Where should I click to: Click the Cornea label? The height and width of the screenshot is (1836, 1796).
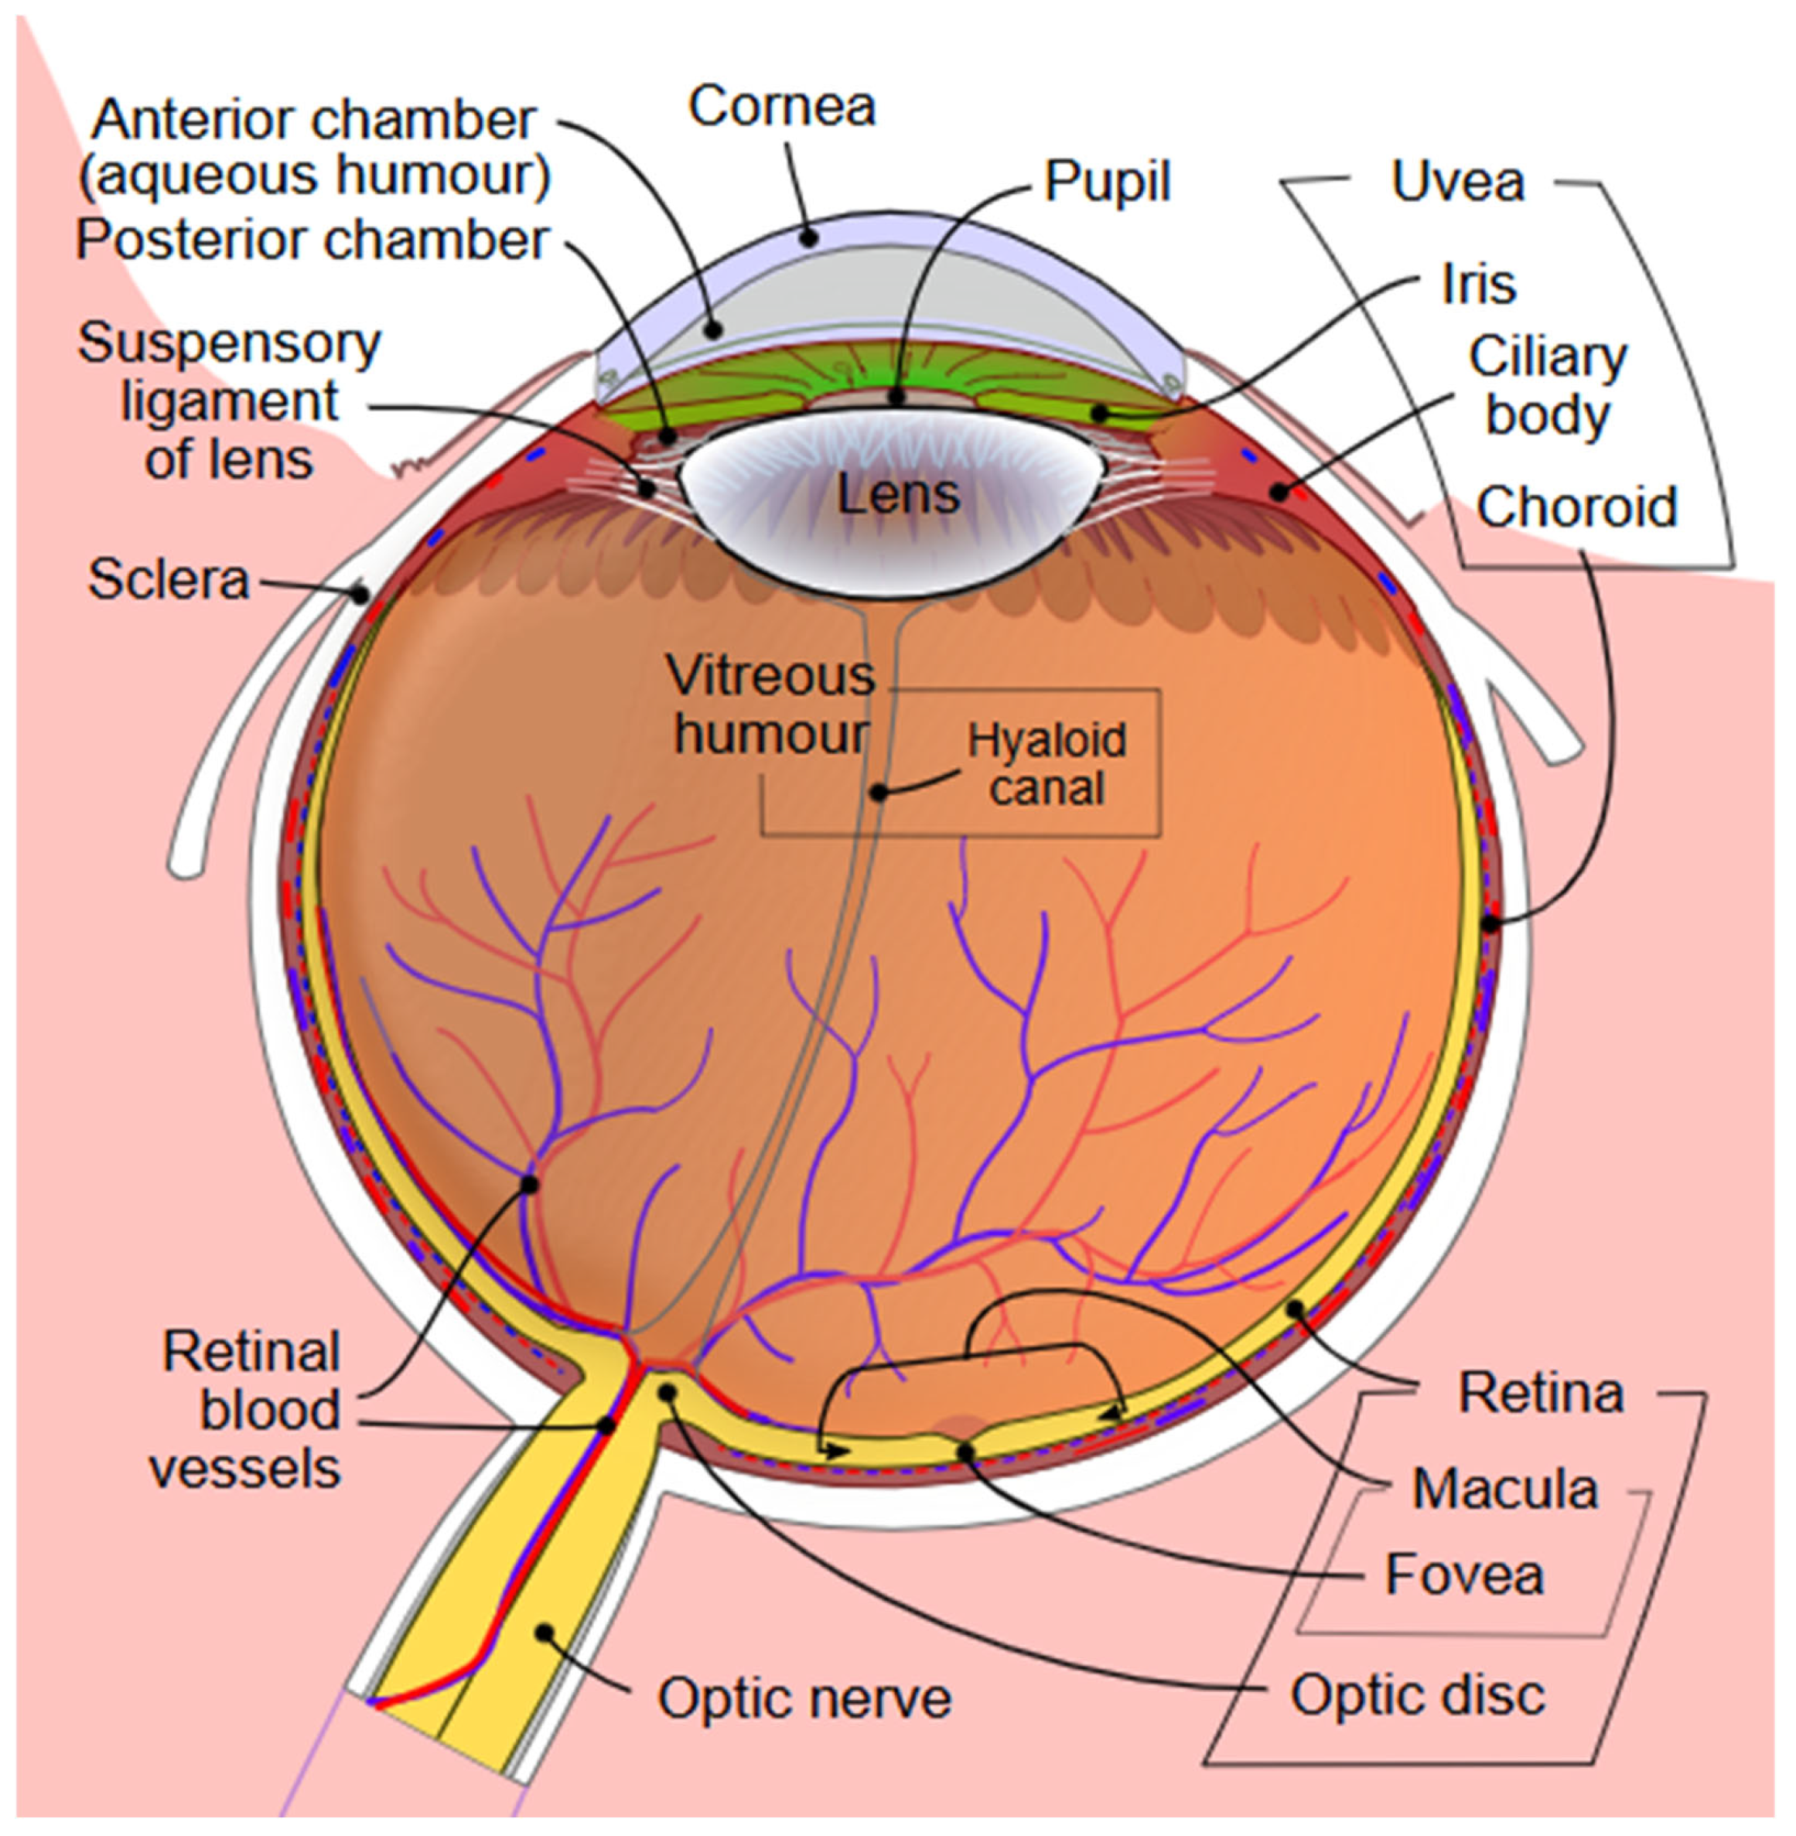coord(782,106)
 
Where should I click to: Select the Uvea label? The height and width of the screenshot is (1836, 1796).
coord(1457,181)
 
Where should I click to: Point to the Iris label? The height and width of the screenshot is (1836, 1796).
coord(1479,283)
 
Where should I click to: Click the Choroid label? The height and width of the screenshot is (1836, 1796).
coord(1577,507)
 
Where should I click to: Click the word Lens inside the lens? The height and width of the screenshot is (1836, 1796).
coord(898,493)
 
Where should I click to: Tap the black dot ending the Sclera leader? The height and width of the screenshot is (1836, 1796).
coord(360,593)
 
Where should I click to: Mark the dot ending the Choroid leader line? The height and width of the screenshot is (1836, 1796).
coord(1490,924)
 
